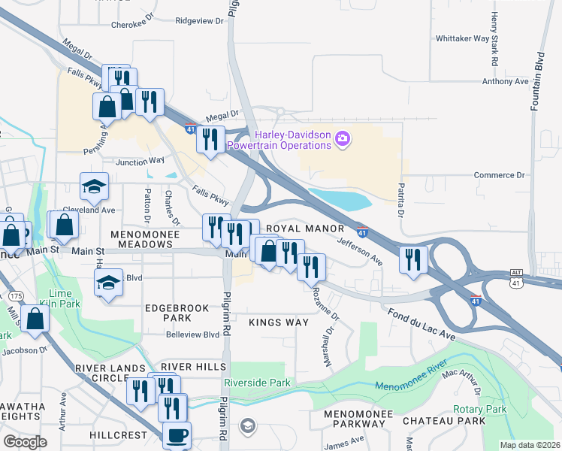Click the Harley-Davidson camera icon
[343, 138]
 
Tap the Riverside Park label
[262, 383]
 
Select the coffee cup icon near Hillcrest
[177, 434]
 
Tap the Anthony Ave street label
[506, 81]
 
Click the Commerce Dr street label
[499, 175]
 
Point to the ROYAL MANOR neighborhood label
[305, 228]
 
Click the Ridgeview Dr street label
[200, 21]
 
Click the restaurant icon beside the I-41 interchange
[413, 259]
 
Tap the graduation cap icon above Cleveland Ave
[95, 186]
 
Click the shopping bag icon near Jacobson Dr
[35, 318]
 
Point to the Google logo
[25, 442]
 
